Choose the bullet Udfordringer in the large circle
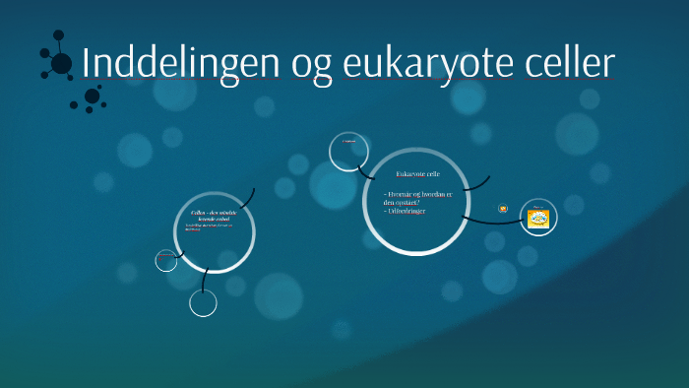(x=406, y=212)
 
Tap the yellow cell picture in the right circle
(x=538, y=218)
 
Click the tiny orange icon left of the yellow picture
(x=503, y=208)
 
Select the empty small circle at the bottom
(x=203, y=303)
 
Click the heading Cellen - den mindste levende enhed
(x=214, y=216)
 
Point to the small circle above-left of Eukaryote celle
(x=348, y=151)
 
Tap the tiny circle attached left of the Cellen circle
(x=166, y=260)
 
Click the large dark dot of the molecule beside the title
(x=61, y=64)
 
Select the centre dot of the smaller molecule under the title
(x=92, y=96)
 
